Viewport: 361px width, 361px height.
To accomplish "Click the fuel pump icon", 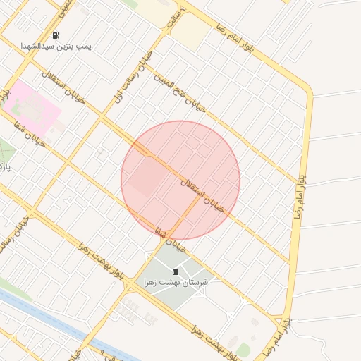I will tap(56, 35).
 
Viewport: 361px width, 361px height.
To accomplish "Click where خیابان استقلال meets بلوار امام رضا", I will tap(290, 262).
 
